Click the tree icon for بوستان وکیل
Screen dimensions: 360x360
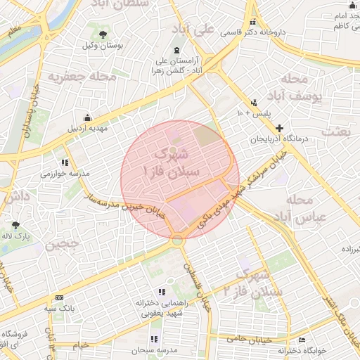tap(103, 34)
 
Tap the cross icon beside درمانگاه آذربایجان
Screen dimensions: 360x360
tap(280, 128)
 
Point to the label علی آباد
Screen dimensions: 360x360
tap(195, 30)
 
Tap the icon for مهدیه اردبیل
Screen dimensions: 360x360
tap(87, 117)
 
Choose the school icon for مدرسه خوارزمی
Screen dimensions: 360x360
tap(65, 162)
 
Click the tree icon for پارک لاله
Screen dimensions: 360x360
tap(15, 226)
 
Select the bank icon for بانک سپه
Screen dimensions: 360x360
tap(58, 298)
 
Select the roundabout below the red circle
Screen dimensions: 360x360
tap(177, 240)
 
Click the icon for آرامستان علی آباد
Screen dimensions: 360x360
tap(176, 50)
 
